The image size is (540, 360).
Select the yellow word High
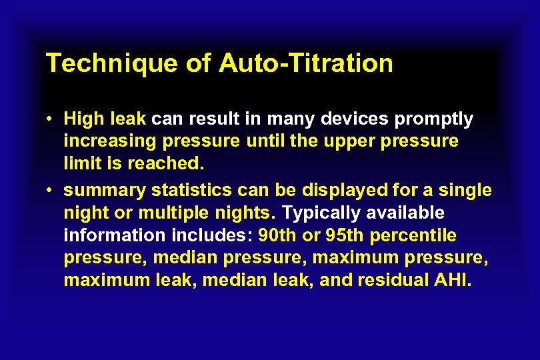(x=81, y=119)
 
